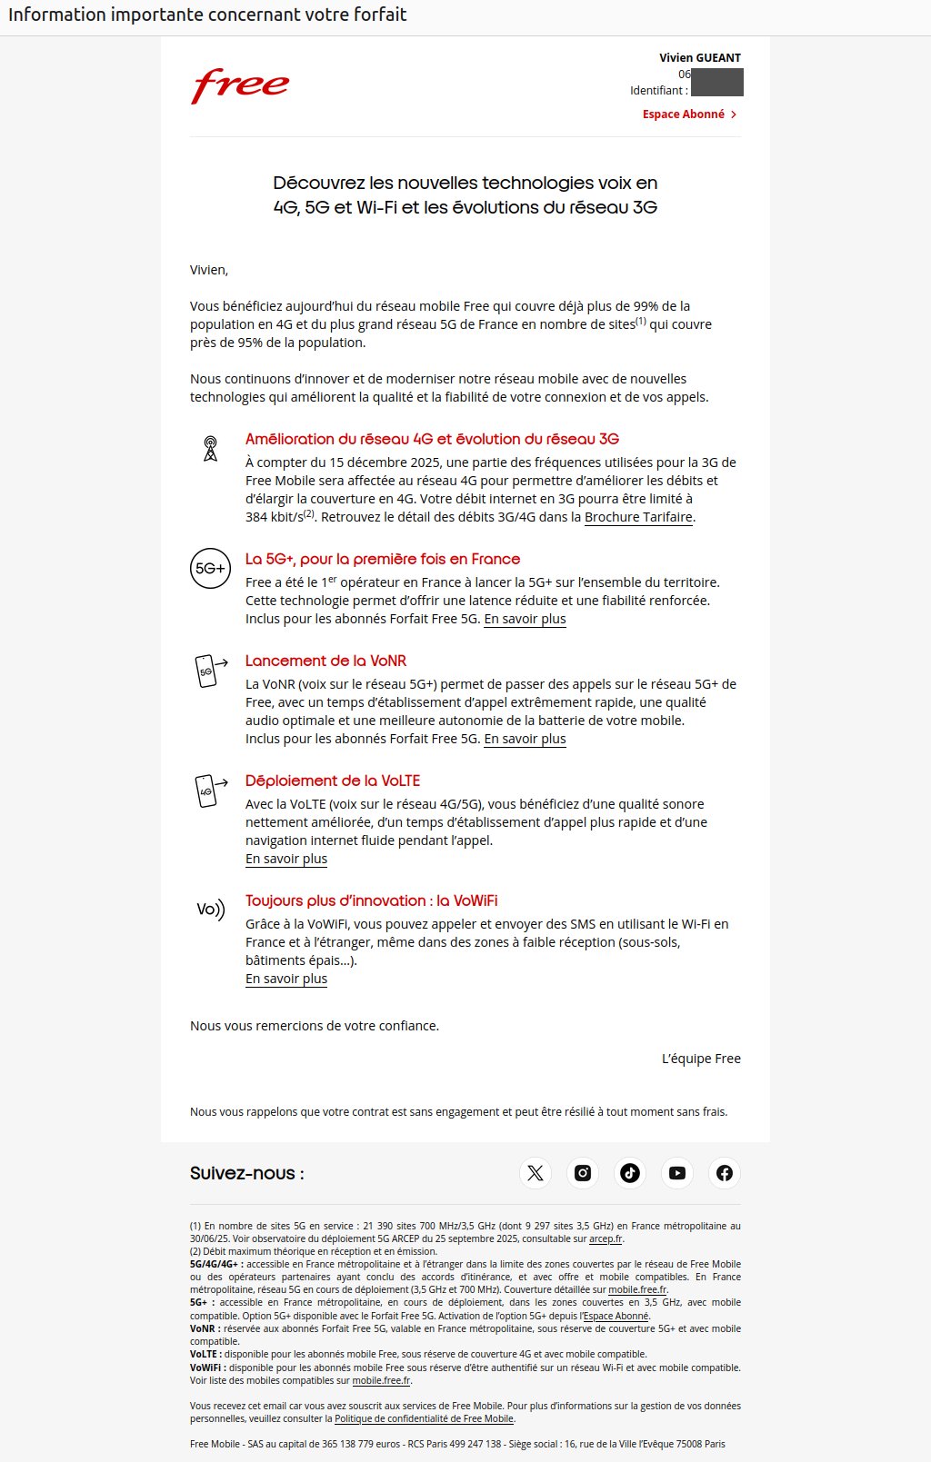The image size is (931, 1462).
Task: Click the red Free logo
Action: [x=240, y=85]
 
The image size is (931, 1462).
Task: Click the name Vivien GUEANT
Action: [x=699, y=57]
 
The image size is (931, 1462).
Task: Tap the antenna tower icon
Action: [x=210, y=448]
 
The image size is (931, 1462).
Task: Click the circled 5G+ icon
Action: [x=210, y=569]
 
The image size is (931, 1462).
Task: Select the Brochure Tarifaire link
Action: [x=638, y=517]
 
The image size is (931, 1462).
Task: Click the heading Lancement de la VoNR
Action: [x=325, y=661]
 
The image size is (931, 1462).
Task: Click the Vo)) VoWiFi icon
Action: [x=210, y=910]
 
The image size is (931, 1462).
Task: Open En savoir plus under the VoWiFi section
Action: [x=286, y=979]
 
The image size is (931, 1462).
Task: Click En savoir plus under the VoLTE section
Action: [x=286, y=859]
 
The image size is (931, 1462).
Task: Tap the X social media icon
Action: [x=536, y=1173]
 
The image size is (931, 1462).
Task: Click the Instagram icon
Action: [x=583, y=1173]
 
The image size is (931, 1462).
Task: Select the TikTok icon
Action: [x=630, y=1173]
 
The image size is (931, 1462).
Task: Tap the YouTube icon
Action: [x=677, y=1173]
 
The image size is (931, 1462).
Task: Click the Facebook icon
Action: [x=725, y=1173]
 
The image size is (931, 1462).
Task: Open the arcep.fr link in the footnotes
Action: [x=606, y=1238]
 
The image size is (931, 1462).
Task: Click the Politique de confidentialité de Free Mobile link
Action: [x=424, y=1418]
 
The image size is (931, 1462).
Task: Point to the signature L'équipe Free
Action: [x=701, y=1059]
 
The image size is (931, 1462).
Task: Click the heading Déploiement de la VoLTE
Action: [x=333, y=781]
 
